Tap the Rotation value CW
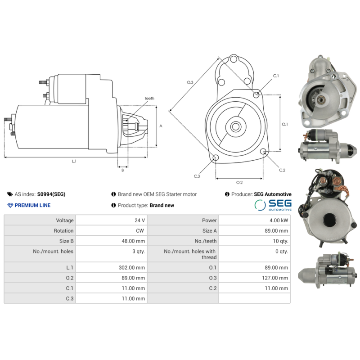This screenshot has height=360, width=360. [x=140, y=231]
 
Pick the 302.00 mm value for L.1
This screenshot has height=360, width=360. [x=133, y=268]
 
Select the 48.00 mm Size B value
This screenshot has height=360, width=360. [x=134, y=241]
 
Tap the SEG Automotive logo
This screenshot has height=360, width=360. [x=273, y=205]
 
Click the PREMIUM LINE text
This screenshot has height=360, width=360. [x=32, y=205]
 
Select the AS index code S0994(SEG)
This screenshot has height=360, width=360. [x=51, y=194]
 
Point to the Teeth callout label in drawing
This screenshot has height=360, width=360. [x=149, y=98]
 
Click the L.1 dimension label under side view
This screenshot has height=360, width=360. [x=74, y=161]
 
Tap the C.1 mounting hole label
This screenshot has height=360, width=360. [x=275, y=76]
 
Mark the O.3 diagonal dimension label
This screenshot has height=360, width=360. [x=190, y=82]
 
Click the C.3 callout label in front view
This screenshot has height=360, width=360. [x=197, y=176]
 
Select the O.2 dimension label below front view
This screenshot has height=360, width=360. [x=239, y=182]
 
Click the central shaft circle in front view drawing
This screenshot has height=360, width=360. [x=236, y=127]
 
